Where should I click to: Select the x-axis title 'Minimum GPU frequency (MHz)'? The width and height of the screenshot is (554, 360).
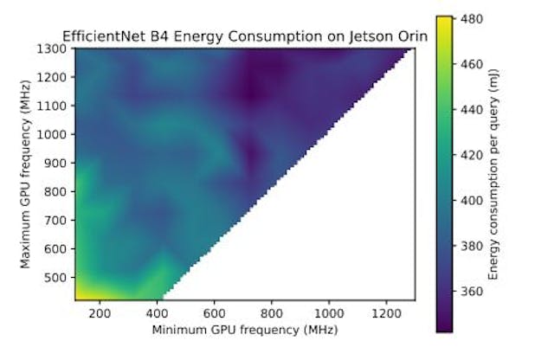point(244,330)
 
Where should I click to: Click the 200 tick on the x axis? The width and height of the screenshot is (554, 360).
point(100,312)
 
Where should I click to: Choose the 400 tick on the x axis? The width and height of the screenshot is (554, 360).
point(157,312)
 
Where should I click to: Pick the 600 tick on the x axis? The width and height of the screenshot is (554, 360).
point(215,312)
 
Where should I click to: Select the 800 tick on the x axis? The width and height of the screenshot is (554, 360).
point(272,312)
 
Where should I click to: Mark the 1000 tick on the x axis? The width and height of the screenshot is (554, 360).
point(330,312)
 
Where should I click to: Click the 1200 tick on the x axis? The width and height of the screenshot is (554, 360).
point(387,312)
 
